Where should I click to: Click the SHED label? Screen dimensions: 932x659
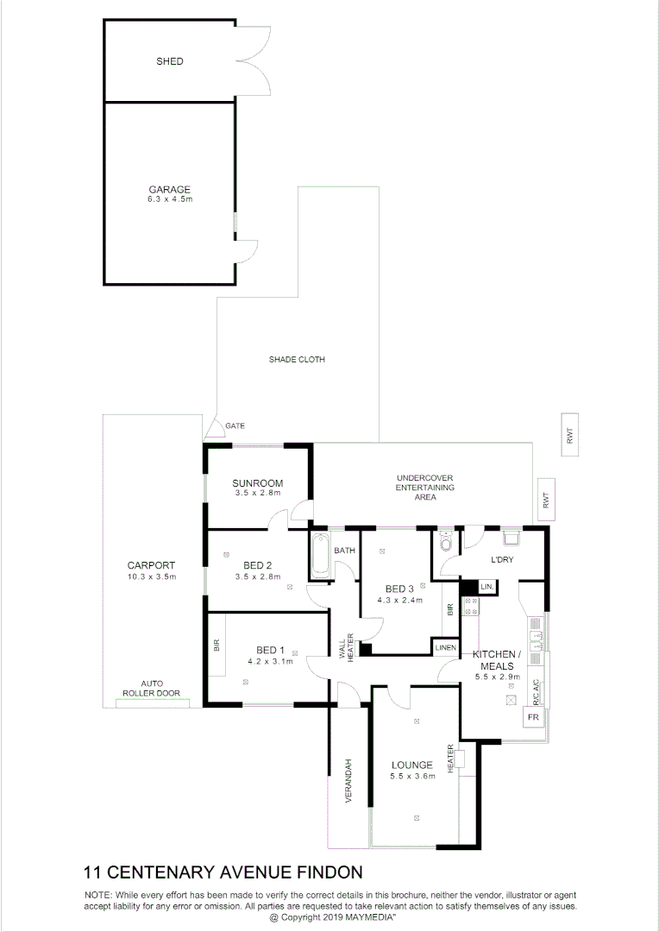tap(169, 62)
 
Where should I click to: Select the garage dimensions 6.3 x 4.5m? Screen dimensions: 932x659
tap(169, 199)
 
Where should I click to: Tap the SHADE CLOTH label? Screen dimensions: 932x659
tap(297, 360)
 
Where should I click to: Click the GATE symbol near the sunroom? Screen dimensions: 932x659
tap(213, 427)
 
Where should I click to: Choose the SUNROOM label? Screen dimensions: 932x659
tap(259, 483)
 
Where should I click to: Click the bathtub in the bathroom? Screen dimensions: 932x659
tap(320, 557)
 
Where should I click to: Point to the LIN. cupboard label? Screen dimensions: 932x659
tap(486, 587)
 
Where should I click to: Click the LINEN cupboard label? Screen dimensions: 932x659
tap(445, 647)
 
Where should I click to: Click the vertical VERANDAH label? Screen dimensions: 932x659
tap(349, 782)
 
